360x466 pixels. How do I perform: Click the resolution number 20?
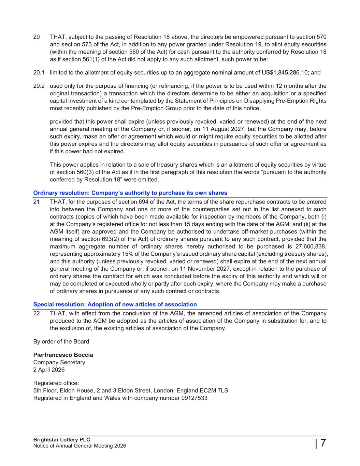coord(37,37)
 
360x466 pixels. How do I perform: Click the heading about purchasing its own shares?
coord(130,193)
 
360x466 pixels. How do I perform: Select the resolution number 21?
coord(37,202)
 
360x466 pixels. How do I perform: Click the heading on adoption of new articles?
coord(115,304)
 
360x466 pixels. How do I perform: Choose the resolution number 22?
coord(37,313)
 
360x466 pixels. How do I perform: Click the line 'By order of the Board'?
coord(61,341)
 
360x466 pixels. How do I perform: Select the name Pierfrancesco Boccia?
coord(63,355)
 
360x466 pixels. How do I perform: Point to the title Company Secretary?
coord(59,362)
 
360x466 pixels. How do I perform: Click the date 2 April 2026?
coord(49,370)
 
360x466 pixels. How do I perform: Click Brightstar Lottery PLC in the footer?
coord(62,440)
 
